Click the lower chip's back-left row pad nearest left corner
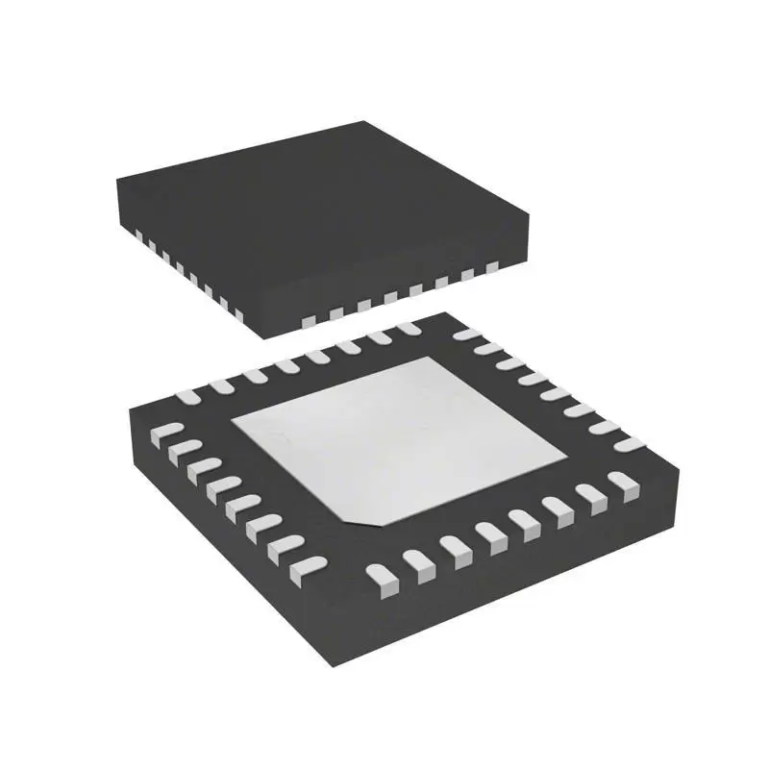187,394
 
